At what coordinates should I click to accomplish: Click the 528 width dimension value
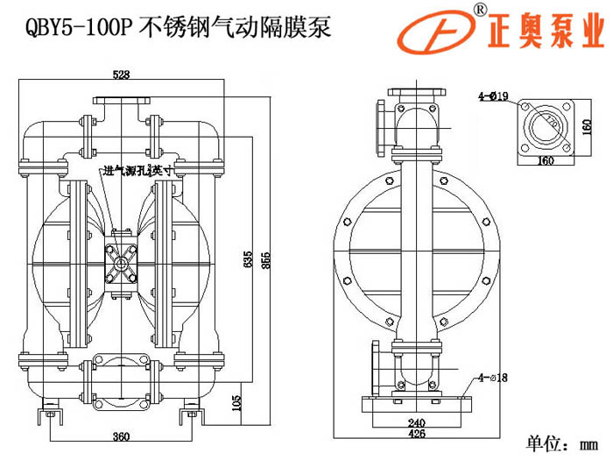coord(121,76)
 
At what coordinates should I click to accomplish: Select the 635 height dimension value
coord(248,260)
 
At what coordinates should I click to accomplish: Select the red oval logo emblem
coord(435,35)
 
